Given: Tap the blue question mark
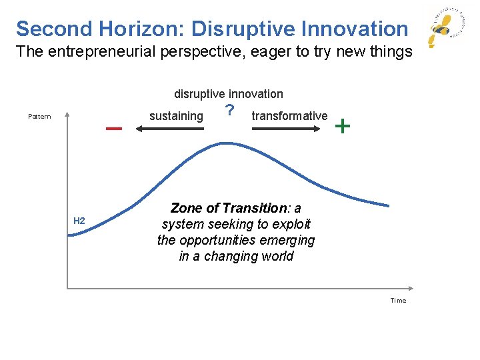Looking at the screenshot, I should (229, 111).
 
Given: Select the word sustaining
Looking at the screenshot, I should (176, 116).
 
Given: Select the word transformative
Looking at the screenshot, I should (289, 116).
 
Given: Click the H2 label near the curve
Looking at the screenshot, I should (79, 221).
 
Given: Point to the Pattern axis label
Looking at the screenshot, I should (39, 117).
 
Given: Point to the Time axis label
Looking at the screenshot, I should (398, 301).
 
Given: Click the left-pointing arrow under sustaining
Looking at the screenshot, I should (170, 129).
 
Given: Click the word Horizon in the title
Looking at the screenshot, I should (142, 29).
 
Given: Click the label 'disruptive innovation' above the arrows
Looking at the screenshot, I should (229, 94).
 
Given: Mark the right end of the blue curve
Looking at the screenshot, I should (388, 204).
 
